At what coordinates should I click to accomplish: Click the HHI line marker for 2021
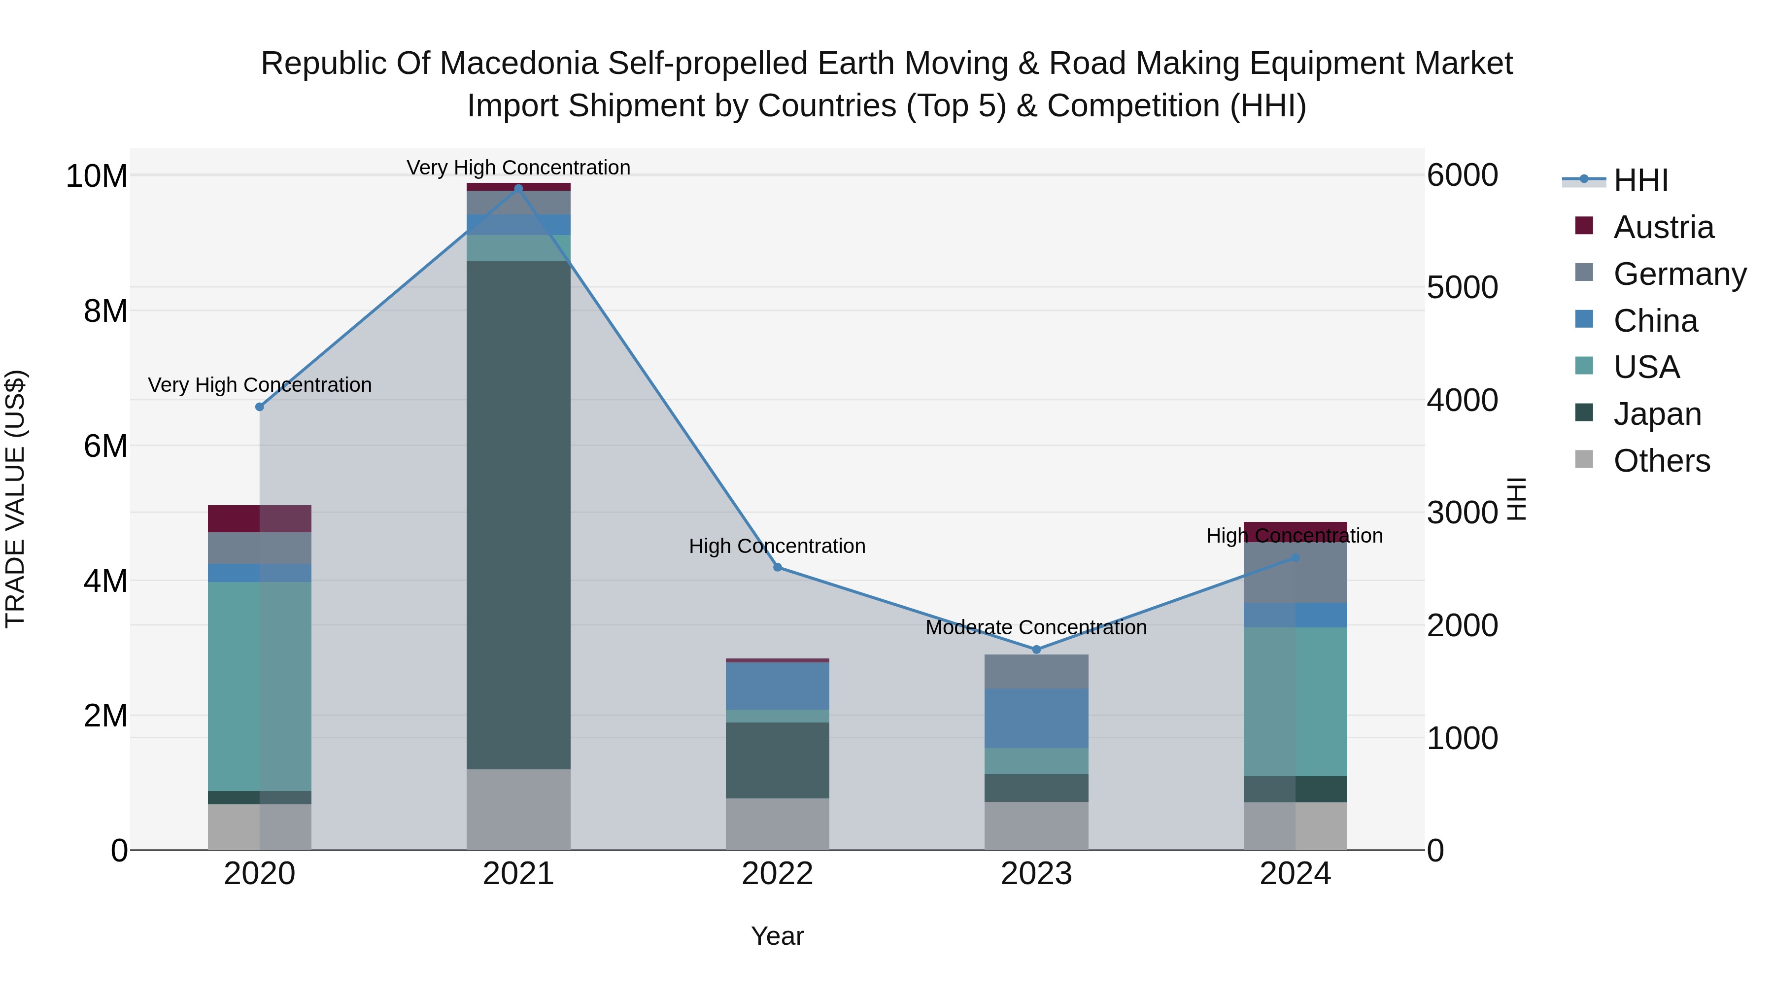(518, 188)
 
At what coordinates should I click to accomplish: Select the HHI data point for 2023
(1036, 650)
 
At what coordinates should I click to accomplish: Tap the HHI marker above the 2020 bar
(260, 407)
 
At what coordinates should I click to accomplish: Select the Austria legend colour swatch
(1584, 226)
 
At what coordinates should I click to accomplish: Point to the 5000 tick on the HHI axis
(1462, 287)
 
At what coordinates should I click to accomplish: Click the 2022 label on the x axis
(778, 874)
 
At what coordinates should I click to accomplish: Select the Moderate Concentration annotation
(1036, 627)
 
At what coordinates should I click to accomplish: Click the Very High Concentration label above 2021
(518, 168)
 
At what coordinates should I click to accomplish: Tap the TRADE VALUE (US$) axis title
(15, 499)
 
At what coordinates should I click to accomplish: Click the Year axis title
(778, 936)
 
